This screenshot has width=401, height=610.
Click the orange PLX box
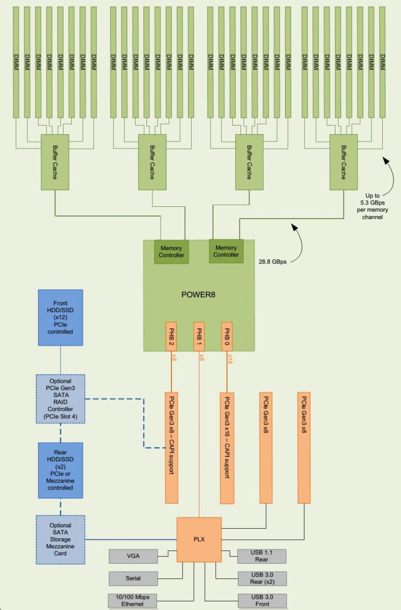[199, 539]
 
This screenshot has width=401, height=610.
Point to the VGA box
[133, 557]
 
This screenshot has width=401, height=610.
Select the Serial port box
[133, 578]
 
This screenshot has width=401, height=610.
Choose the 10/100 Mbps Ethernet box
[133, 601]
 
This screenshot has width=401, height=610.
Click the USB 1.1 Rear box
[262, 556]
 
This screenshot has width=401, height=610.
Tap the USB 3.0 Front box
[262, 601]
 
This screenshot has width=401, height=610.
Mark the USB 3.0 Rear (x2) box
[262, 578]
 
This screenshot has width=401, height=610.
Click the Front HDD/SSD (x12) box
[60, 318]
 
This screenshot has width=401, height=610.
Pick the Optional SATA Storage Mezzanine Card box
[60, 539]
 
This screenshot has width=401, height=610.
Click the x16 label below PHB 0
[230, 360]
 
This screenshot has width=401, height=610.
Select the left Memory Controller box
[171, 252]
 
